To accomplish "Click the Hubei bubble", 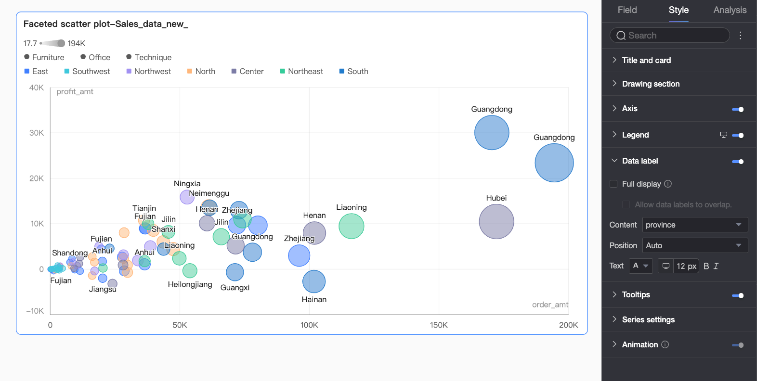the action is (x=496, y=222).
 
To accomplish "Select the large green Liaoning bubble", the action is (x=352, y=226).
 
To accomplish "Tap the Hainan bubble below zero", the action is (x=314, y=281).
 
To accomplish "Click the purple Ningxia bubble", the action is (x=187, y=197).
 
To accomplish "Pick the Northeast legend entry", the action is (x=301, y=72).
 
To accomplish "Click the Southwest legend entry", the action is (x=87, y=72).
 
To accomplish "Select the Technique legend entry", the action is (x=149, y=57).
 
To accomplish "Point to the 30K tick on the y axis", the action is (x=37, y=133).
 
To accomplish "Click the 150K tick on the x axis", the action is (x=439, y=325).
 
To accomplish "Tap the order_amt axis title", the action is (x=550, y=305).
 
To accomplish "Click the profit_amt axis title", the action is (x=75, y=92).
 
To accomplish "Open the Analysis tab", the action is (x=730, y=10).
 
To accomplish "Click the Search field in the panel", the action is (x=669, y=36).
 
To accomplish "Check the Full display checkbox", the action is (x=613, y=184).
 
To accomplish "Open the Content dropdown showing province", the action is (x=695, y=225).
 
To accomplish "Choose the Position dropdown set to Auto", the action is (x=695, y=245).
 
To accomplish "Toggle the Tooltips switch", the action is (x=738, y=296).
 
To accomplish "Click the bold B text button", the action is (x=706, y=266).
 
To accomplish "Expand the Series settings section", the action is (x=648, y=319).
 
